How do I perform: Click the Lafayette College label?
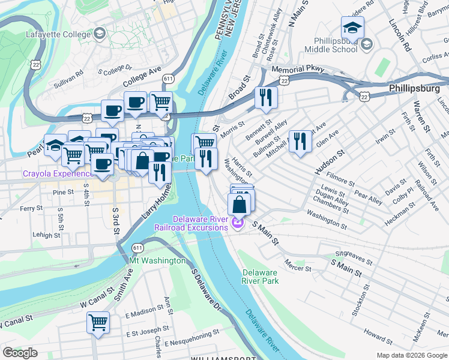58,34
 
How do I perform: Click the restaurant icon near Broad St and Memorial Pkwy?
266,97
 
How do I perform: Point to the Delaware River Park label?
261,276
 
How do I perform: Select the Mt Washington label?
158,261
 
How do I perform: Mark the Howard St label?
378,332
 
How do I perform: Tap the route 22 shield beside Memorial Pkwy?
285,80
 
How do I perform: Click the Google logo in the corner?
20,353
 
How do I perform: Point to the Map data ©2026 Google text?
412,355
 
